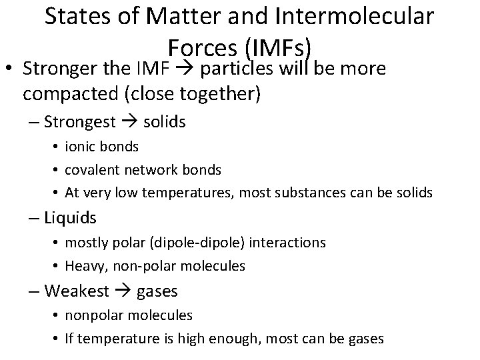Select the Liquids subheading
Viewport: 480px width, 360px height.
tap(70, 218)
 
